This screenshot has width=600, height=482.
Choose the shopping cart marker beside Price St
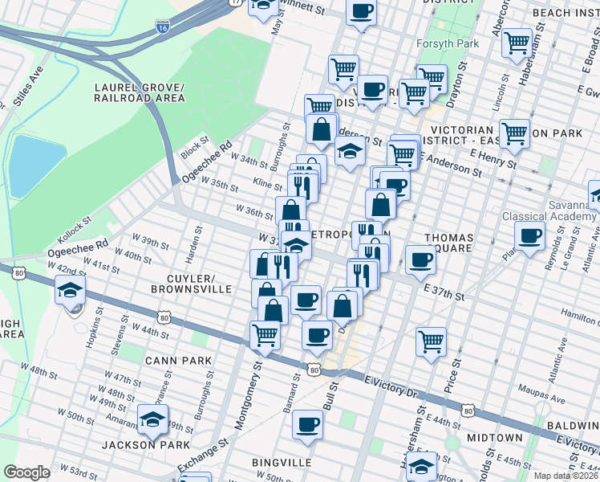tap(432, 341)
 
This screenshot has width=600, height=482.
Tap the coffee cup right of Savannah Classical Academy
tap(529, 237)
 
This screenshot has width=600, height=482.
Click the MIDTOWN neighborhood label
tap(495, 438)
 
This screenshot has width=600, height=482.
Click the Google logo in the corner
tap(26, 472)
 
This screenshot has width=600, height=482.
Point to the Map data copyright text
tap(566, 476)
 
